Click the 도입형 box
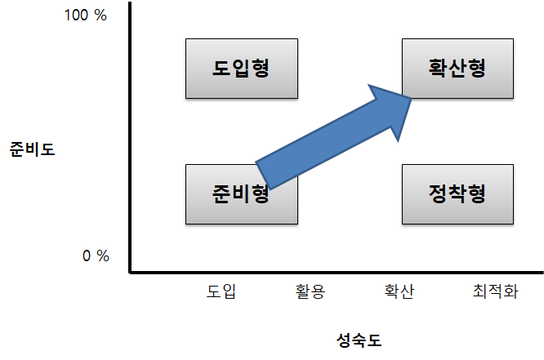241,69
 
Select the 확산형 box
457,69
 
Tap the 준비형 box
241,194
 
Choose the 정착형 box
457,194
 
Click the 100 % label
86,16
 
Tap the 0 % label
96,256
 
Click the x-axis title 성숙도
359,339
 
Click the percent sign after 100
100,16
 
